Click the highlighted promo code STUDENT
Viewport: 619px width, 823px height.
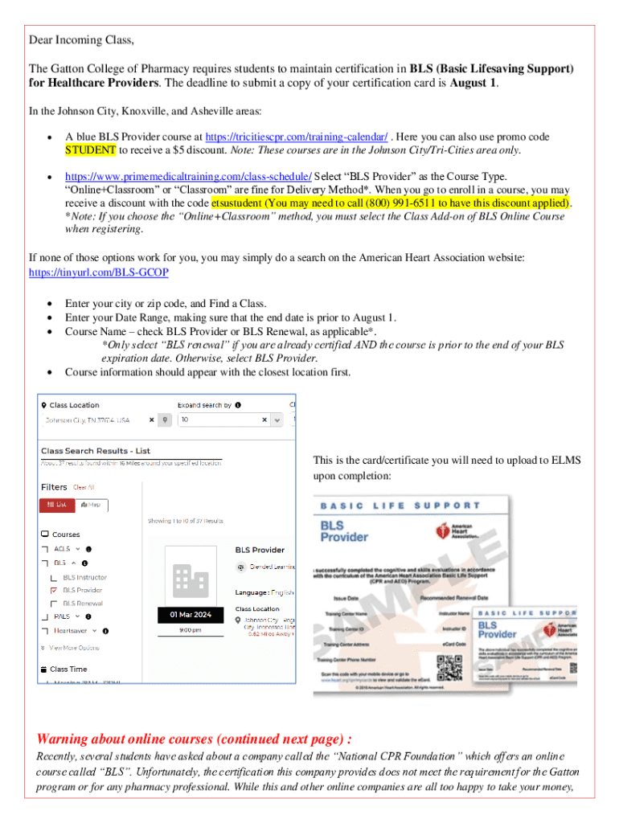coord(91,149)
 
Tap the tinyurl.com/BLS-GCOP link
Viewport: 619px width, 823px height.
coord(99,272)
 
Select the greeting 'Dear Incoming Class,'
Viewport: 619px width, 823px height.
coord(81,40)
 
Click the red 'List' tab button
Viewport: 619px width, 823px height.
coord(57,505)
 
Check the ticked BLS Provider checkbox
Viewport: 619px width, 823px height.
coord(54,590)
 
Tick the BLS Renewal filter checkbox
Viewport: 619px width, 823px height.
coord(54,603)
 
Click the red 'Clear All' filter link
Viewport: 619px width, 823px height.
coord(84,487)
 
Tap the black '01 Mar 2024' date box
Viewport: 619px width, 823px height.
coord(191,615)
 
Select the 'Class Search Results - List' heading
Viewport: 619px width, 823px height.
coord(96,451)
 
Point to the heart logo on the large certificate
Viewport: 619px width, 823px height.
coord(443,531)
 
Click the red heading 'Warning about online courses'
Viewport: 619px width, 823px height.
coord(194,739)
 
